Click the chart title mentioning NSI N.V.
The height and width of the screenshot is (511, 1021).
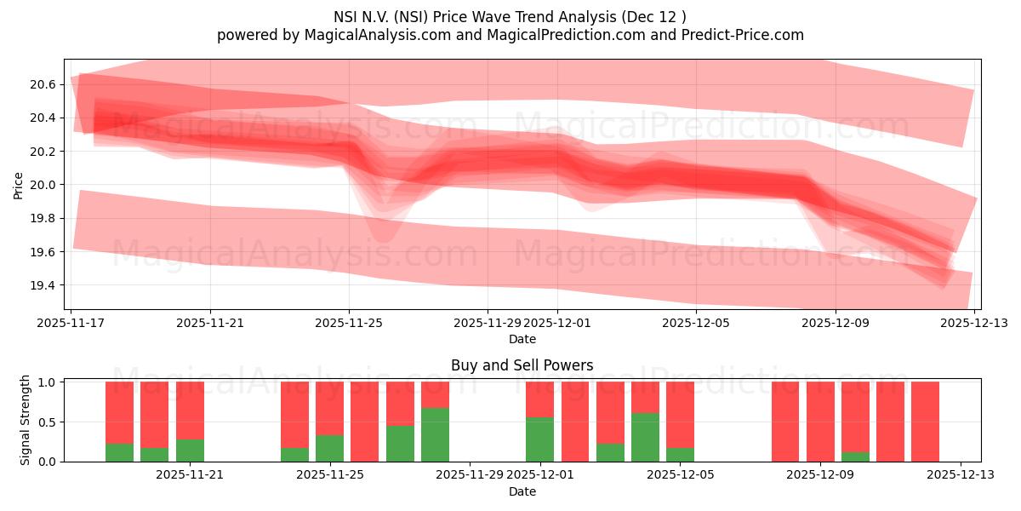coord(510,16)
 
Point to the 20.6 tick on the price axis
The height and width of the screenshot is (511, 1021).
coord(42,84)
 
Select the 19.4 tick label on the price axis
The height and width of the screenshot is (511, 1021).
coord(42,285)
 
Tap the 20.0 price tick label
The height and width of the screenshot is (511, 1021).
coord(42,185)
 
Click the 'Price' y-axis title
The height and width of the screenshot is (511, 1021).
coord(18,184)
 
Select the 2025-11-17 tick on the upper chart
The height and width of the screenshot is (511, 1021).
coord(71,323)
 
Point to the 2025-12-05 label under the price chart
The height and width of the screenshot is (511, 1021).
coord(696,323)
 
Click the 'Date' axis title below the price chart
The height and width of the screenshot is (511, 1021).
coord(522,339)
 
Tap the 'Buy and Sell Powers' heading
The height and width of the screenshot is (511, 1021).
coord(522,365)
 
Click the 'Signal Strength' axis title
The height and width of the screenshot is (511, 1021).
coord(26,420)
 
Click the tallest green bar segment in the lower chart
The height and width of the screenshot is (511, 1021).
coord(435,434)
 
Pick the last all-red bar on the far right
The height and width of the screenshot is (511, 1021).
coord(925,422)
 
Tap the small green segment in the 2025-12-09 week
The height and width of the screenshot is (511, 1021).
coord(855,456)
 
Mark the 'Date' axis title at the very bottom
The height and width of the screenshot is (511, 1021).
coord(522,491)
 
